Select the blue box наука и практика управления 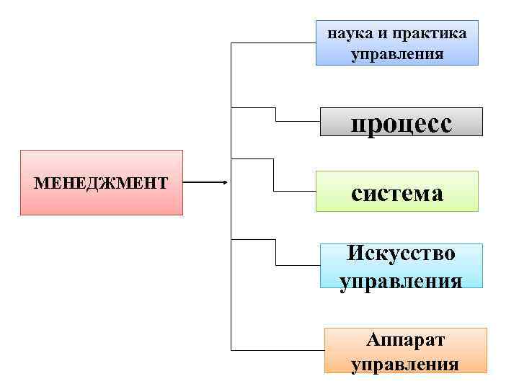[x=397, y=43]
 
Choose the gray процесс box [x=402, y=122]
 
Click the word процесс [x=402, y=124]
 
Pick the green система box [x=397, y=191]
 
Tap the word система [x=397, y=192]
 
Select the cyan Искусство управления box [x=402, y=266]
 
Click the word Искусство [x=401, y=254]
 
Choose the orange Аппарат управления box [x=405, y=351]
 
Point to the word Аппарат [x=405, y=339]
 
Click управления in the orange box [x=405, y=364]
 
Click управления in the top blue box [x=397, y=54]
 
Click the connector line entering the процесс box [x=297, y=122]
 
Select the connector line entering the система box [x=296, y=191]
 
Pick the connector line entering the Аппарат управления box [x=278, y=350]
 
